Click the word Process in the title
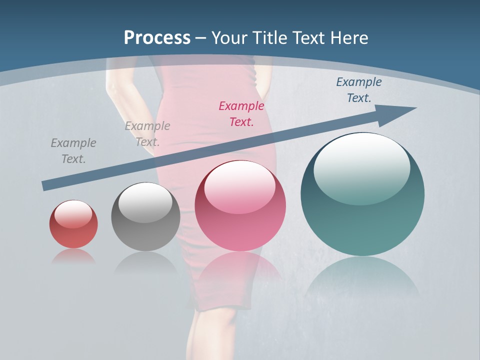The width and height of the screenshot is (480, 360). click(157, 38)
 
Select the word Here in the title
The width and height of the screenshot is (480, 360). click(349, 38)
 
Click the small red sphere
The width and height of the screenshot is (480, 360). click(73, 231)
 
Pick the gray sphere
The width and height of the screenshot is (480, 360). click(145, 227)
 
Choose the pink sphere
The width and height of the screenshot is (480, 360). click(240, 220)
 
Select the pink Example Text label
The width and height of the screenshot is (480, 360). click(241, 113)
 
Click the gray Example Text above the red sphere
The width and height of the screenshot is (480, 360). click(73, 150)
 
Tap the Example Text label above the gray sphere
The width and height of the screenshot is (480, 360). click(147, 133)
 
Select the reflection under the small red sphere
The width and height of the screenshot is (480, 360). click(73, 256)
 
